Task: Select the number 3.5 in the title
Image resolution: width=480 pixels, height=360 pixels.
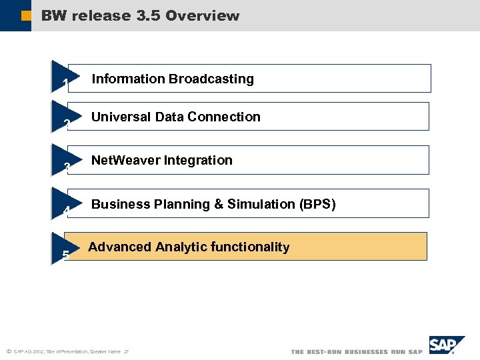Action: pyautogui.click(x=147, y=15)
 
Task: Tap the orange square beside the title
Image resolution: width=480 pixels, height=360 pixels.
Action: pyautogui.click(x=26, y=15)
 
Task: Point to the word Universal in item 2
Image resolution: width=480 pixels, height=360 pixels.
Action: pyautogui.click(x=121, y=117)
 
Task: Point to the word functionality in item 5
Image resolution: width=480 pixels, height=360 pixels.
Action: pyautogui.click(x=250, y=247)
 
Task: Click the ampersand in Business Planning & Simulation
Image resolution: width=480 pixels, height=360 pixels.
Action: pyautogui.click(x=218, y=204)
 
